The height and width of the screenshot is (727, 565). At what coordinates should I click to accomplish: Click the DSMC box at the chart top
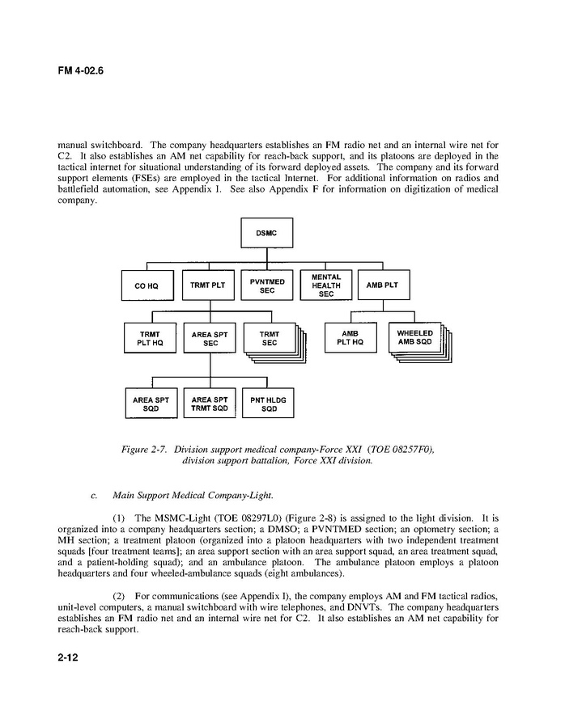click(267, 234)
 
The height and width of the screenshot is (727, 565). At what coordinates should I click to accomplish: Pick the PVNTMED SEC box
click(268, 285)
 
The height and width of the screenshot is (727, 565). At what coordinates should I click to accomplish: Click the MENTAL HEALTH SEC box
click(326, 285)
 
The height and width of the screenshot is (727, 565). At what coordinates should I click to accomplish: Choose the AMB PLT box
click(384, 285)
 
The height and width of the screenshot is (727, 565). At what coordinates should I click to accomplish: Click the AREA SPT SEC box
click(210, 337)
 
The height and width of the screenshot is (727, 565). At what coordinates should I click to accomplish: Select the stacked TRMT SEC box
click(268, 337)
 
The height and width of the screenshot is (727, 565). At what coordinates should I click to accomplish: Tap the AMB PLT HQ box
click(350, 337)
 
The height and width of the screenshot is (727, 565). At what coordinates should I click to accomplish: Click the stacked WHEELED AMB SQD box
click(414, 337)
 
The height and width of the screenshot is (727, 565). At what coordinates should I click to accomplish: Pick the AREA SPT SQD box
click(151, 404)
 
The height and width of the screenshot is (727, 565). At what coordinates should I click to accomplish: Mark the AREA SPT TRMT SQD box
click(210, 404)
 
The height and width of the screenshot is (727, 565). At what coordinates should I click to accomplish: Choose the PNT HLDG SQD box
click(268, 404)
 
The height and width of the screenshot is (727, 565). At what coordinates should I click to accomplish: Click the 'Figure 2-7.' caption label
click(145, 450)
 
